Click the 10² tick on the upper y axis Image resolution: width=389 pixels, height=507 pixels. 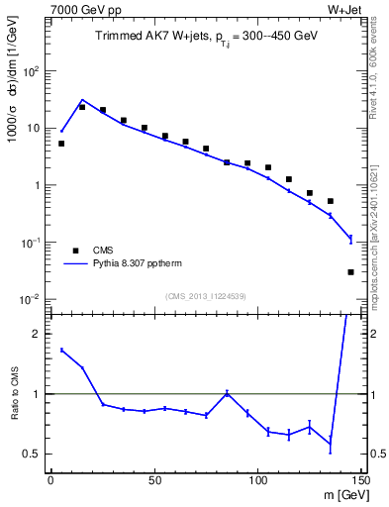pos(32,71)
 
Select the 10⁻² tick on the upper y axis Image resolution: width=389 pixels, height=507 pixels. pos(32,299)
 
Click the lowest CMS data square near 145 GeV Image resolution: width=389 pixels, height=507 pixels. pos(351,271)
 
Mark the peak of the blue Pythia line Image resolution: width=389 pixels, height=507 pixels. pos(82,100)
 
